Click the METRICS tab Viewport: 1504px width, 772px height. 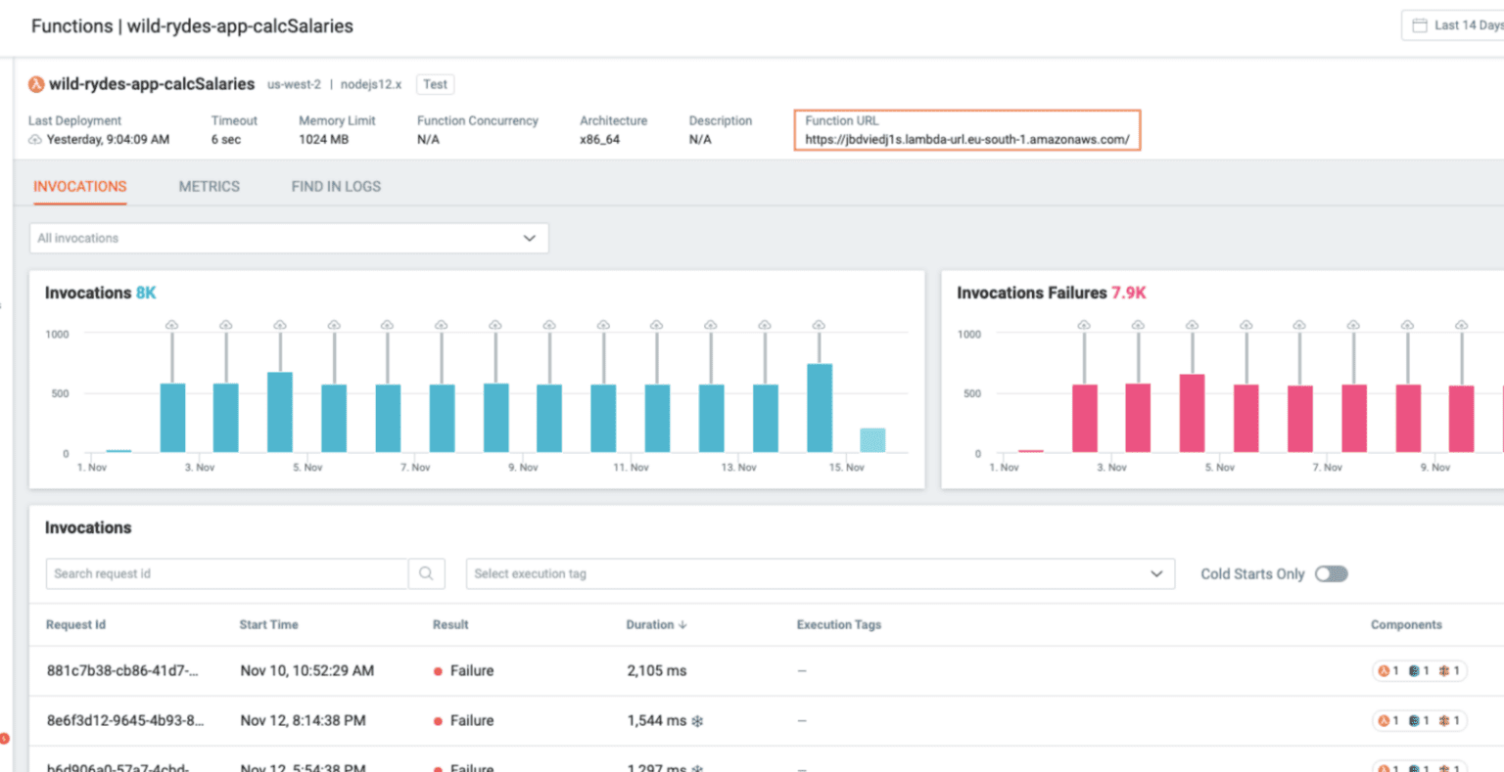(x=209, y=186)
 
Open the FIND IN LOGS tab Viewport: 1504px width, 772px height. (x=336, y=186)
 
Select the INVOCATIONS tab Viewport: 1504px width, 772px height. (x=80, y=186)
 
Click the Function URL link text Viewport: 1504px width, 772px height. (x=966, y=140)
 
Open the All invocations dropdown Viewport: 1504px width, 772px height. (x=289, y=238)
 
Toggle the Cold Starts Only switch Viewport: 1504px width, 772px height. (x=1331, y=574)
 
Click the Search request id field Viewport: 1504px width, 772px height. (x=226, y=574)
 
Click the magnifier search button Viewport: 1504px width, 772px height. (x=426, y=574)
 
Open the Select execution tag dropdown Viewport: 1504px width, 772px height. (x=820, y=574)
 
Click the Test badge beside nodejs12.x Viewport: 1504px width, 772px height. (x=435, y=84)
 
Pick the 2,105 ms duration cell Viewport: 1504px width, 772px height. (x=656, y=671)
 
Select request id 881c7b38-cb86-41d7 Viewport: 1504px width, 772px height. (x=122, y=671)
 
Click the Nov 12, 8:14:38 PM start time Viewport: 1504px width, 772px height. (x=303, y=721)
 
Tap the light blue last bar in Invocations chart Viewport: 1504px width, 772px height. (x=872, y=440)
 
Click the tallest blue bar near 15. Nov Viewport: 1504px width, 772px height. (x=820, y=408)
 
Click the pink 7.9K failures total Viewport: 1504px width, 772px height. (x=1128, y=293)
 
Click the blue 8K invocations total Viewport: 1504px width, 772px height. (x=146, y=293)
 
